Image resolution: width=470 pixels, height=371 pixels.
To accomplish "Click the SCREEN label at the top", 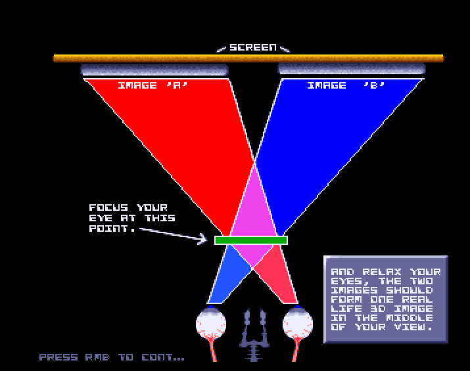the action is click(252, 48).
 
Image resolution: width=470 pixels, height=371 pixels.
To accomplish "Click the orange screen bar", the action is click(248, 58).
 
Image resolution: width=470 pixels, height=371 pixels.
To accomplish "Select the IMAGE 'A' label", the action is click(153, 85).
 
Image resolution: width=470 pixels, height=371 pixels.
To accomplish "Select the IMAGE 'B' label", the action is click(346, 85).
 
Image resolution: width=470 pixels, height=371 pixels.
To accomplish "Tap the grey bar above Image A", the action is click(154, 70).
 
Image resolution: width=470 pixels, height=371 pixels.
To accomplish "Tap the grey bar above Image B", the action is click(352, 69).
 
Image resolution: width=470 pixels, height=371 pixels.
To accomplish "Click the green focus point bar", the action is click(251, 240).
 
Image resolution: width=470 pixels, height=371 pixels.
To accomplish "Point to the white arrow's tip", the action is click(206, 239).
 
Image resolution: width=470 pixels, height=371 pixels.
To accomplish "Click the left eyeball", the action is click(211, 324).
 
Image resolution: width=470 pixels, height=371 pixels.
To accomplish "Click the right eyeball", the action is click(297, 324).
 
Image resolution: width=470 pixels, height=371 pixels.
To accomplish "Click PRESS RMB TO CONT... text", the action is click(112, 357).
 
